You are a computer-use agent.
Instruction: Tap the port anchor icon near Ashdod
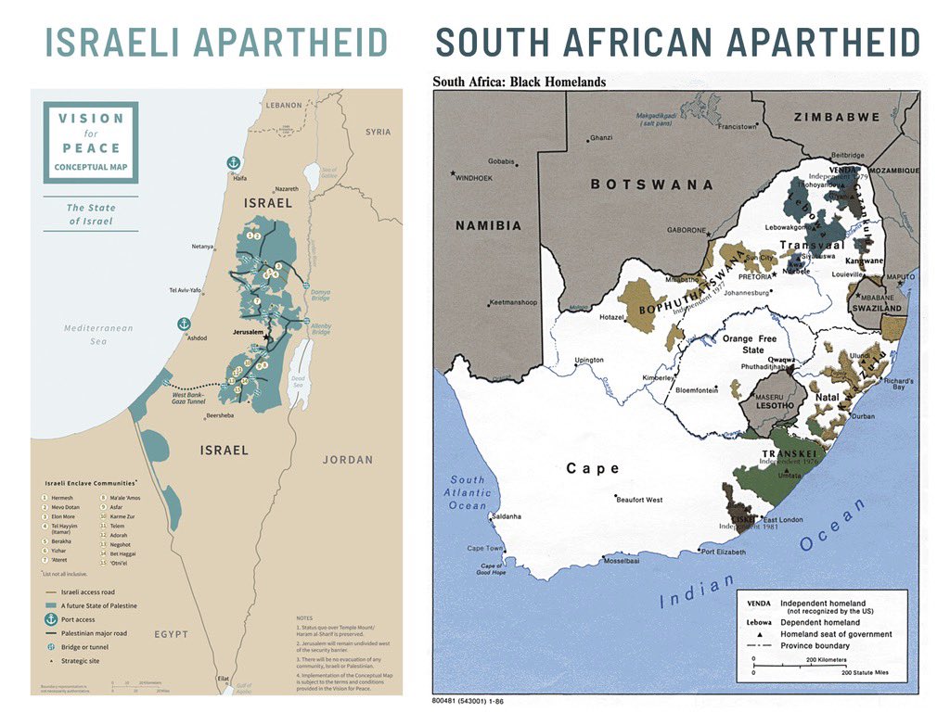(184, 324)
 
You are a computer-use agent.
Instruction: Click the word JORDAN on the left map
(347, 460)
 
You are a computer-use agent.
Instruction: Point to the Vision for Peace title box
(90, 143)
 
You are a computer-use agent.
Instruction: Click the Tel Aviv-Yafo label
(185, 289)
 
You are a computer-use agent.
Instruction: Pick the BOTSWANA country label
(651, 184)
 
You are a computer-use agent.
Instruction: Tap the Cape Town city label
(484, 549)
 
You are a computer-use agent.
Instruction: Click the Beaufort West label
(639, 500)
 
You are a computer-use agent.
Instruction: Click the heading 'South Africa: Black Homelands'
(519, 82)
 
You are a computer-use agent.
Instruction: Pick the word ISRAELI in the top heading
(112, 43)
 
